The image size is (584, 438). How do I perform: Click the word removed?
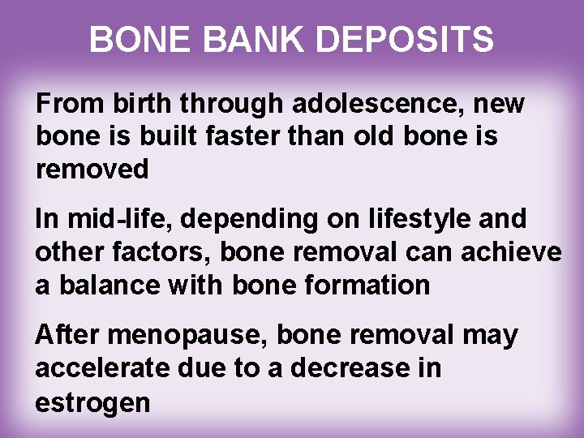[92, 170]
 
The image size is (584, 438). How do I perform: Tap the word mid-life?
[105, 220]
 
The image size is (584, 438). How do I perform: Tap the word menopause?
[181, 335]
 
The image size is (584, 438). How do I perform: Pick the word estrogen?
[92, 401]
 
